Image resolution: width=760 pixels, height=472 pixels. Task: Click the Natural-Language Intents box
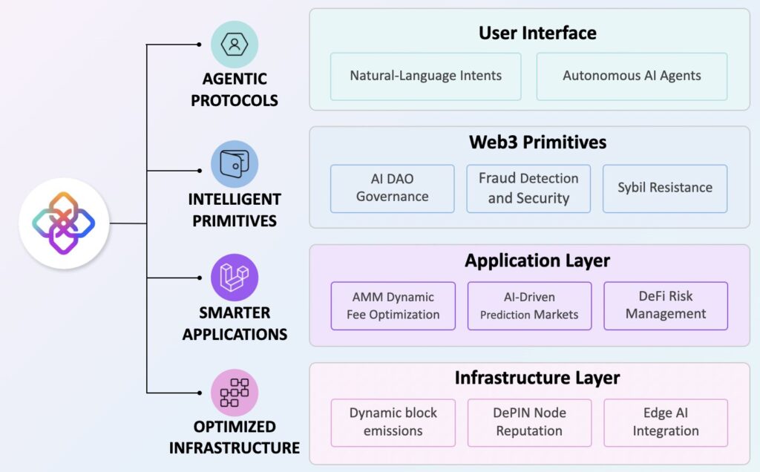point(425,76)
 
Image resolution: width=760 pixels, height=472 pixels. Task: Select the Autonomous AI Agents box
point(632,76)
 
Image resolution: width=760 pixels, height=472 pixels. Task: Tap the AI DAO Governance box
point(392,188)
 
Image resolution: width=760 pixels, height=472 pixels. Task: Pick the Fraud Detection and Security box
point(528,188)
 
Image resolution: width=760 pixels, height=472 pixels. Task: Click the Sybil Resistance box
point(665,188)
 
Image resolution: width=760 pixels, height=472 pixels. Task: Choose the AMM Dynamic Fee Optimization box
point(393,305)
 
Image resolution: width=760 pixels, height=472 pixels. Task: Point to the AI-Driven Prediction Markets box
point(529,305)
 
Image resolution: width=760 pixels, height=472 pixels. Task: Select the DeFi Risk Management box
point(666,305)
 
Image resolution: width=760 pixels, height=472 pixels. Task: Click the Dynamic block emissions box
point(393,422)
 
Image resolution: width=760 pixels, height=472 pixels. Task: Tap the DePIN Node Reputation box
point(529,422)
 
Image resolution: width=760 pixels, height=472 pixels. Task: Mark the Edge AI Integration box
point(666,422)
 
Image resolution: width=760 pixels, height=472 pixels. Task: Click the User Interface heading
point(537,33)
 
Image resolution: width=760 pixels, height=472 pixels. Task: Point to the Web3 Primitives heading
point(537,142)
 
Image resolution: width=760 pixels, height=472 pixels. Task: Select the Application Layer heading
point(537,260)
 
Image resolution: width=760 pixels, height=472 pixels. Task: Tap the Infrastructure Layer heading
point(537,378)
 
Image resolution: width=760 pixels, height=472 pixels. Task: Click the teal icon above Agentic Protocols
point(235,45)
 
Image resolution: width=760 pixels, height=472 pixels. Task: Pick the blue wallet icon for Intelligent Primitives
point(235,164)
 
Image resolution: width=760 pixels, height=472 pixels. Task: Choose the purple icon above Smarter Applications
point(235,278)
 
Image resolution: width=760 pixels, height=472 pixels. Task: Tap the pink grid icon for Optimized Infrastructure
point(235,393)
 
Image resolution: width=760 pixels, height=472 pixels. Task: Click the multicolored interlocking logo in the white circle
point(64,223)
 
